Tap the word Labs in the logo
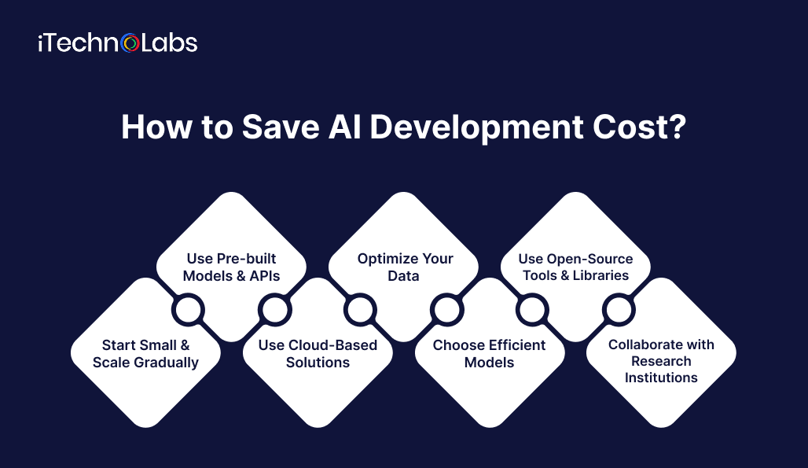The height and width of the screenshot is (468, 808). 168,43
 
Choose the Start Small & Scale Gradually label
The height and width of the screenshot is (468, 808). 145,354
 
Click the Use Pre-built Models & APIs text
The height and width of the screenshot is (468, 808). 231,267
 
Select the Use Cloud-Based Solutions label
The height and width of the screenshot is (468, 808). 318,354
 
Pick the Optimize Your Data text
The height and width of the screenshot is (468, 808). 405,267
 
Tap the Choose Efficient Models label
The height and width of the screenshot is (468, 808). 489,354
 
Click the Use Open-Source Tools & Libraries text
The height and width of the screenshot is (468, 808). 575,267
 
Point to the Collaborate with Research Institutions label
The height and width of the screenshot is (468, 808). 661,361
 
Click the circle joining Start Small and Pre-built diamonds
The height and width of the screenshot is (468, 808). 188,311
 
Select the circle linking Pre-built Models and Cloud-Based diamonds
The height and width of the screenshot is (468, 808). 274,311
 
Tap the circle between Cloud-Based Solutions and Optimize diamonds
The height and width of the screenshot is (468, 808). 361,311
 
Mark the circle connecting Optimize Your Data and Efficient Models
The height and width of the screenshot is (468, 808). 446,311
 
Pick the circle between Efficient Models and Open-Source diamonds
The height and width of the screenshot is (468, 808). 533,311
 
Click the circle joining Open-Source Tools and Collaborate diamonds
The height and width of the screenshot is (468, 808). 619,311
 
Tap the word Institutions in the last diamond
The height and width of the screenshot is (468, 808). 661,378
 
